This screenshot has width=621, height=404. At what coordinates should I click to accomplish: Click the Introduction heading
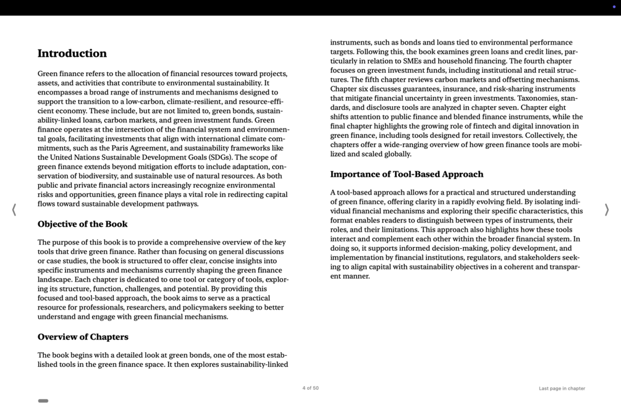pyautogui.click(x=72, y=53)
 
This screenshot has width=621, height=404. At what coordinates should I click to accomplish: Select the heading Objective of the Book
pyautogui.click(x=82, y=224)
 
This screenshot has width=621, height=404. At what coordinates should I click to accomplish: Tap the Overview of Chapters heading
pyautogui.click(x=83, y=337)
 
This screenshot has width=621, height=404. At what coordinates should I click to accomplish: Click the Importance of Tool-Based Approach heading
pyautogui.click(x=407, y=174)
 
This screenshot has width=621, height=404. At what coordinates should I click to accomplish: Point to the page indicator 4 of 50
pyautogui.click(x=310, y=388)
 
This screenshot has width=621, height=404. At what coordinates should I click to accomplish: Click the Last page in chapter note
pyautogui.click(x=561, y=389)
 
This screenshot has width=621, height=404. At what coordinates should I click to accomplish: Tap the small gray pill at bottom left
pyautogui.click(x=43, y=401)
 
